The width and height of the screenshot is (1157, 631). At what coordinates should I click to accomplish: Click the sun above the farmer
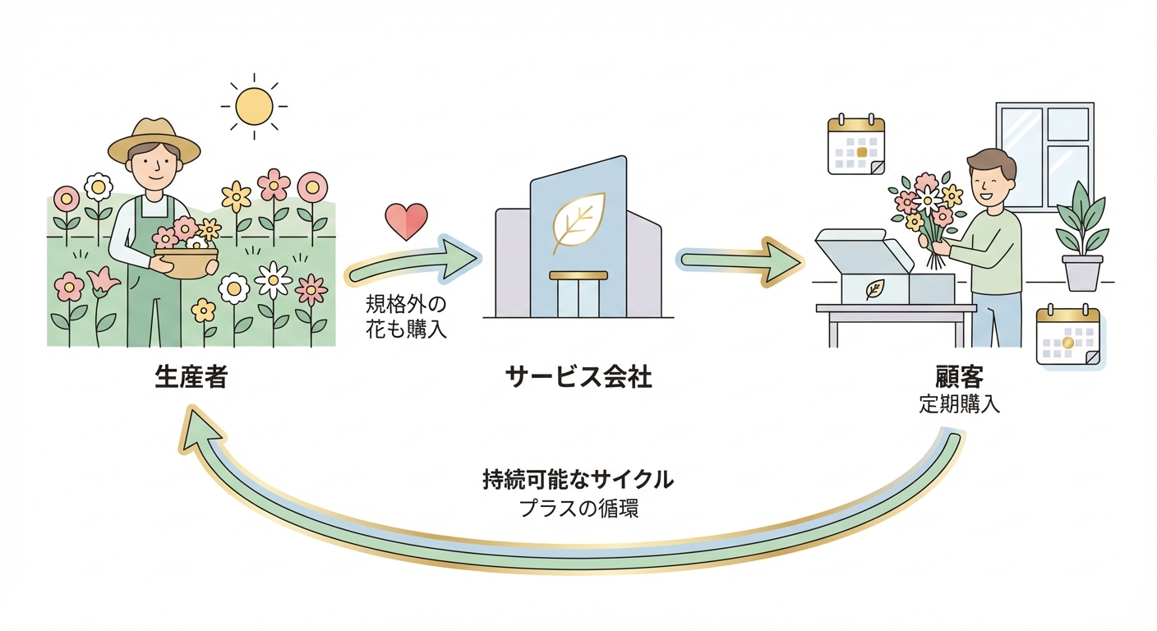(253, 106)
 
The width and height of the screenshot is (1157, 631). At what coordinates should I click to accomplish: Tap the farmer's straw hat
(154, 140)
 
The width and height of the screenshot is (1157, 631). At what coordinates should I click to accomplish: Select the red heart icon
(407, 221)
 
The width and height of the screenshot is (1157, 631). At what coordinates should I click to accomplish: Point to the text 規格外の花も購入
(406, 318)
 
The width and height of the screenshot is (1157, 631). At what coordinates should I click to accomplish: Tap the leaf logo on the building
(578, 219)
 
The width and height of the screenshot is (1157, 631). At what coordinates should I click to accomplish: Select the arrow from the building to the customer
(740, 260)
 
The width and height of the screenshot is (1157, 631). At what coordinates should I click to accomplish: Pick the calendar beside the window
(855, 145)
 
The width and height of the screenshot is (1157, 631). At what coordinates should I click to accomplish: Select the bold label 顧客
(960, 378)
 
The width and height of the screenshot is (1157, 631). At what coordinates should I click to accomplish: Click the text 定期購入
(960, 404)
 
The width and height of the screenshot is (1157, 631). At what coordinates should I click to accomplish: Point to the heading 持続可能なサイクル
(578, 479)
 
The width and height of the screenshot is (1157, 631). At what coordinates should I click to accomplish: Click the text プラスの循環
(578, 508)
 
